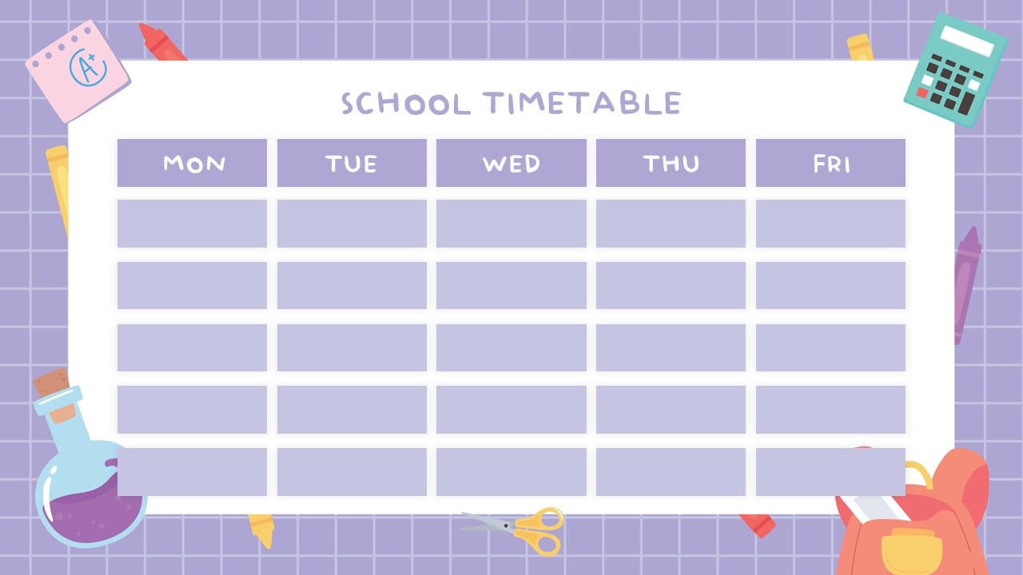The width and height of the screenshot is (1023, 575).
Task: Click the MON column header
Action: (192, 163)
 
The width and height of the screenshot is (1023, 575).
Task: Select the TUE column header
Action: (352, 163)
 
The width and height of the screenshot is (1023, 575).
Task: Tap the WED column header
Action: (511, 163)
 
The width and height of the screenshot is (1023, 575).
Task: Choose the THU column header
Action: (671, 163)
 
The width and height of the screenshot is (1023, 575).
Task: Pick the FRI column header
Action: (830, 163)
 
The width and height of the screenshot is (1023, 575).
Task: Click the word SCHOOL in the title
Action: (405, 104)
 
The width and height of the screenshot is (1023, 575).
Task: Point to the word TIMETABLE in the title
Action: (582, 103)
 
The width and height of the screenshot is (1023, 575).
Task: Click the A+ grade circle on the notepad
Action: (88, 68)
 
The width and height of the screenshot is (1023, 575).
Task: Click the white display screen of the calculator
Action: (966, 42)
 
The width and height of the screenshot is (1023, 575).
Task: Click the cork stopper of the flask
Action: (53, 383)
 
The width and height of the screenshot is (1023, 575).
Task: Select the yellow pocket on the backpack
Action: (910, 550)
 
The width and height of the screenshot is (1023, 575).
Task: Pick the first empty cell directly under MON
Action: (192, 224)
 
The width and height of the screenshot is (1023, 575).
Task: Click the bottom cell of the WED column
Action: (511, 471)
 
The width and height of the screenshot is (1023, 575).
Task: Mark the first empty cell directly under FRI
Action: (830, 224)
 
